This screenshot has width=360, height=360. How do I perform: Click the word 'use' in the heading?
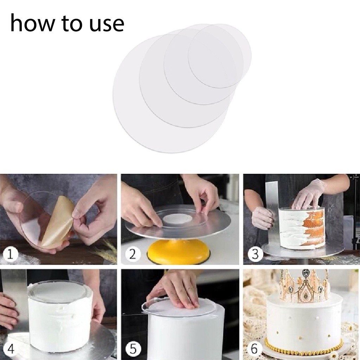[x=107, y=25]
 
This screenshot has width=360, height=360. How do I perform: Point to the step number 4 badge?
[x=10, y=349]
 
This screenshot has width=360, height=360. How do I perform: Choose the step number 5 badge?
[x=133, y=349]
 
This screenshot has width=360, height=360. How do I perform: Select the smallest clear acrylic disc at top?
[x=219, y=56]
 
